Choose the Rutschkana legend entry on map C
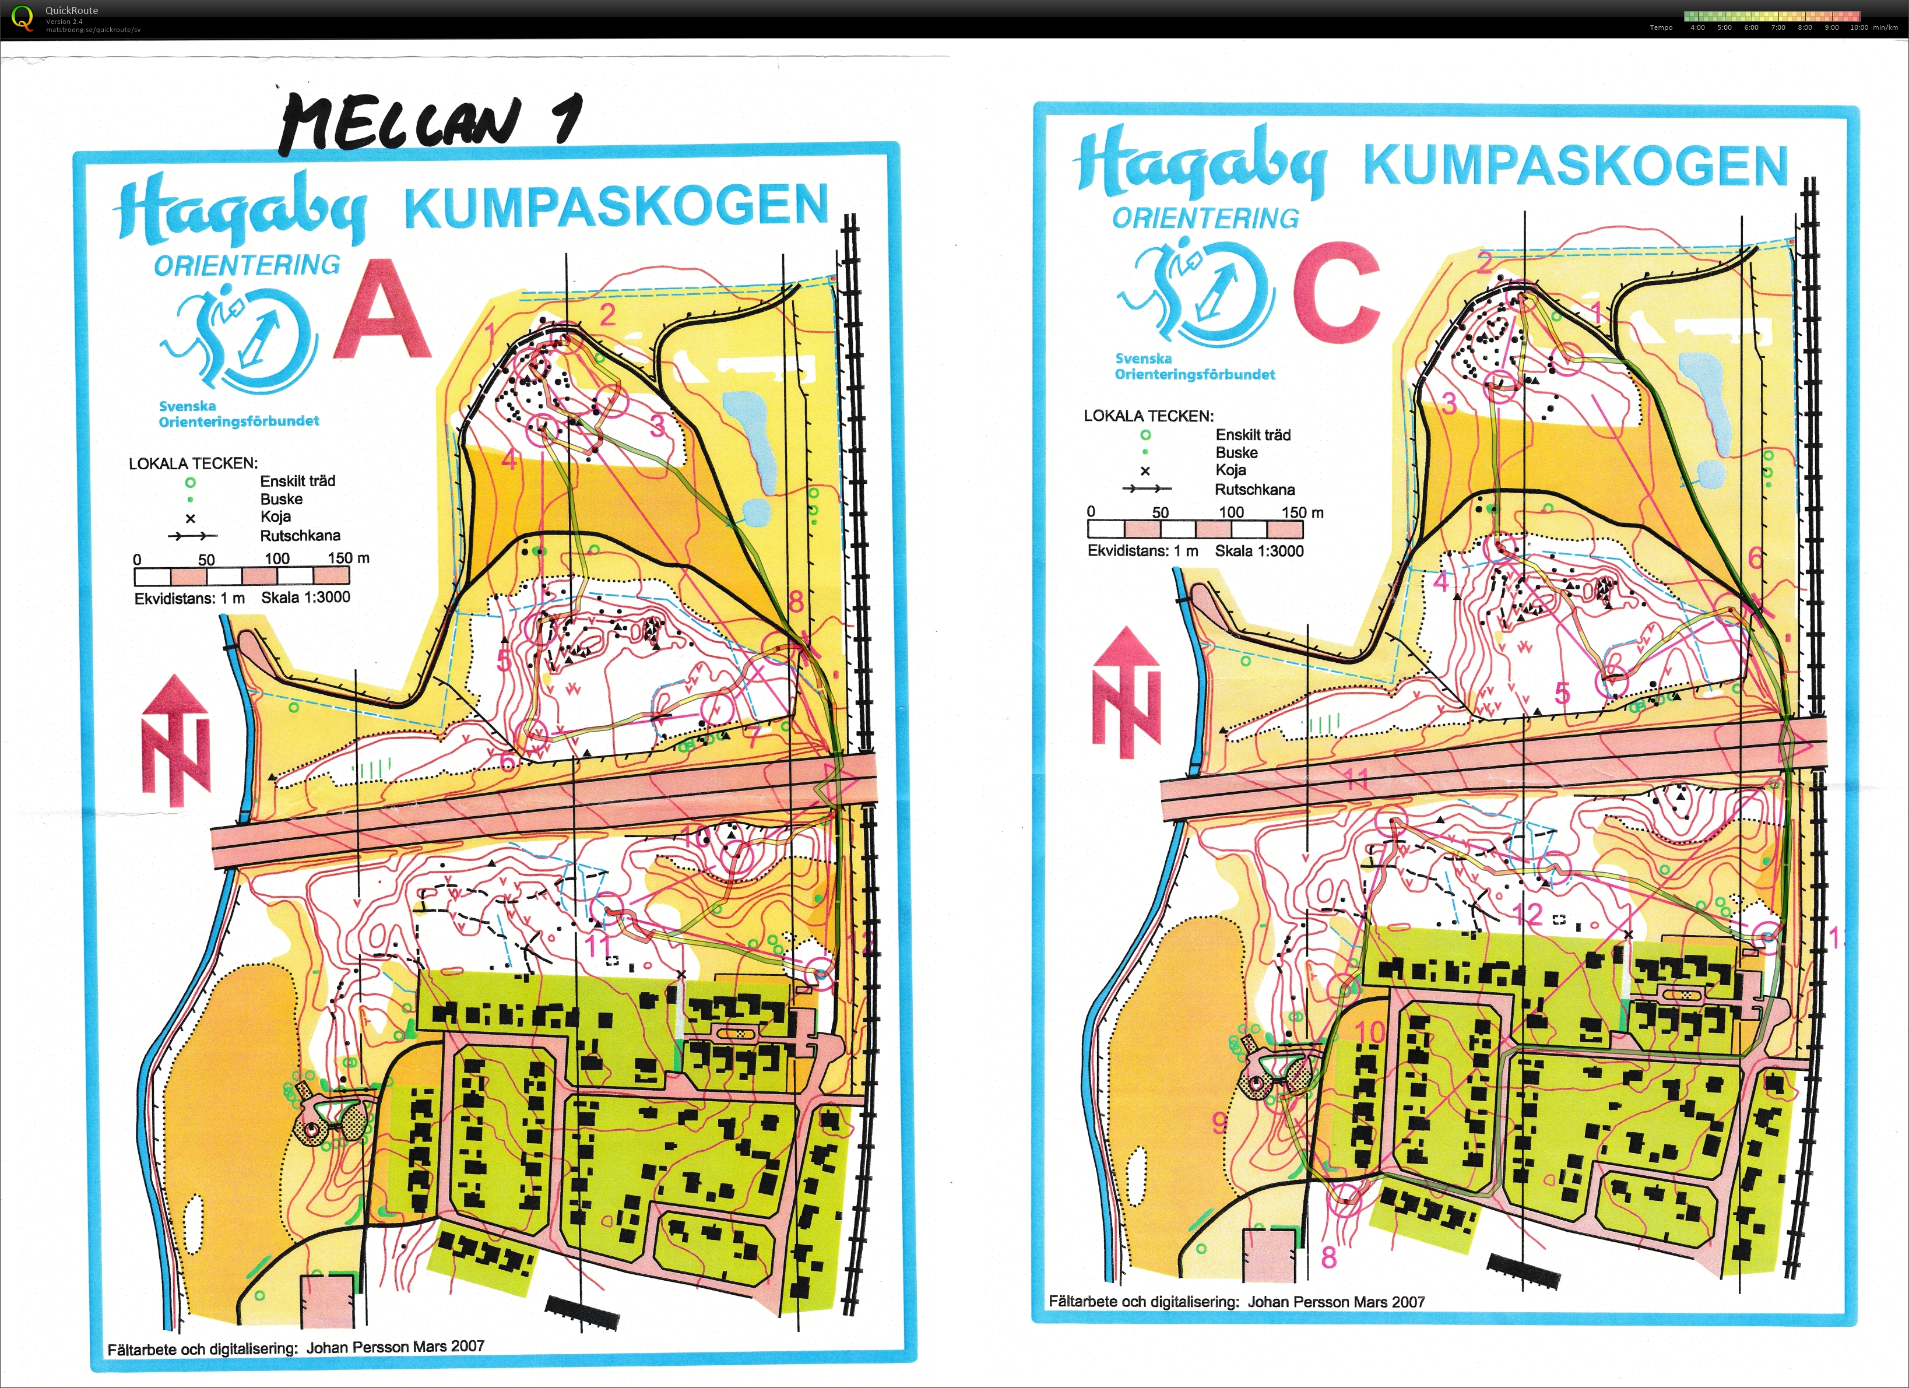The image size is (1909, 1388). tap(1254, 489)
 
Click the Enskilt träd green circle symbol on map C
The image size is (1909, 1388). tap(1145, 435)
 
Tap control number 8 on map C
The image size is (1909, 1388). tap(1328, 1257)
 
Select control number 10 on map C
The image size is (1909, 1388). tap(1369, 1031)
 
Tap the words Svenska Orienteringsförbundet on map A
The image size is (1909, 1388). tap(238, 413)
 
